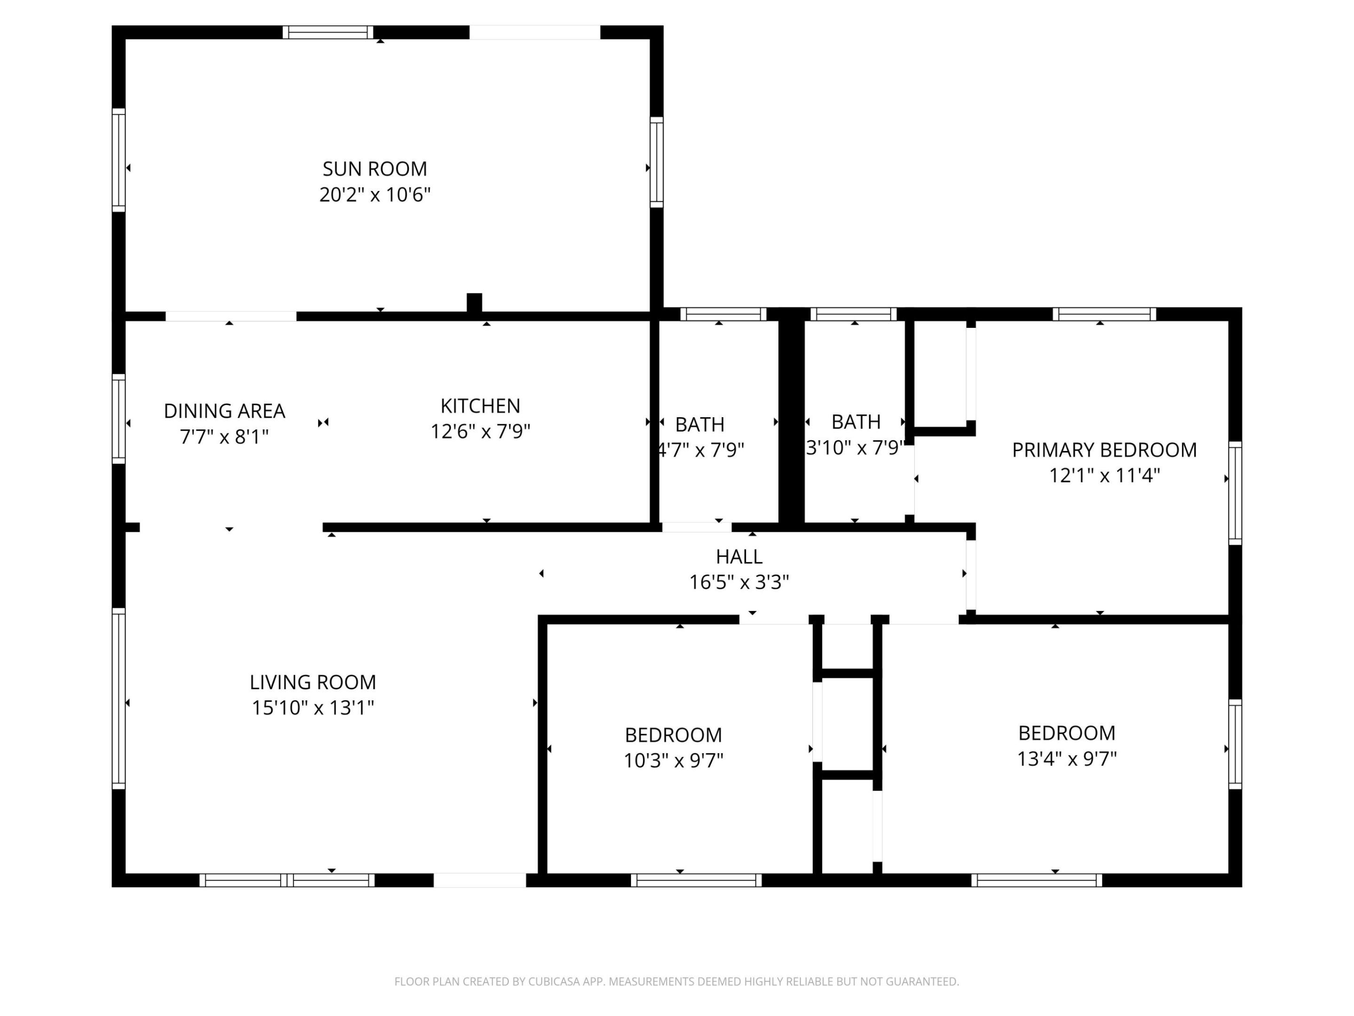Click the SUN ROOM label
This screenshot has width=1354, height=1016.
point(375,168)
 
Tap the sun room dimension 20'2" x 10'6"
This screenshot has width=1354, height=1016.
point(375,195)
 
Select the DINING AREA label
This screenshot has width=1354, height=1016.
point(224,411)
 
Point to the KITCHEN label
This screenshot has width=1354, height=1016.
point(480,406)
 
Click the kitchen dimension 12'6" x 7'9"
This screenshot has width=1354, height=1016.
point(480,432)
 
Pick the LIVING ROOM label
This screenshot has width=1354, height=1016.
point(313,682)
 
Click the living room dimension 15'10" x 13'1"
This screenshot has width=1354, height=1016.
point(313,708)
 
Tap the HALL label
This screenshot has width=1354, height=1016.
point(739,557)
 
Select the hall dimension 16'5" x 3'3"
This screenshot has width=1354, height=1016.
point(739,582)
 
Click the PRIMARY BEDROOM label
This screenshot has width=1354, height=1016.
point(1103,450)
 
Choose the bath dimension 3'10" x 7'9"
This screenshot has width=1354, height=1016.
point(855,448)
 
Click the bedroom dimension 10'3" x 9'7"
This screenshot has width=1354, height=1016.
point(673,761)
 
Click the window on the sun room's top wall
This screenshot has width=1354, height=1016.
point(328,32)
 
